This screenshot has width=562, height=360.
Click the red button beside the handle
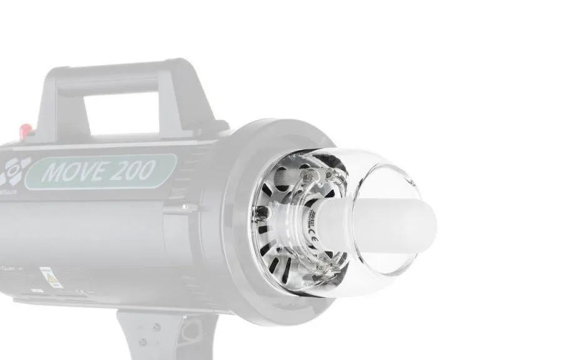pyautogui.click(x=26, y=129)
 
